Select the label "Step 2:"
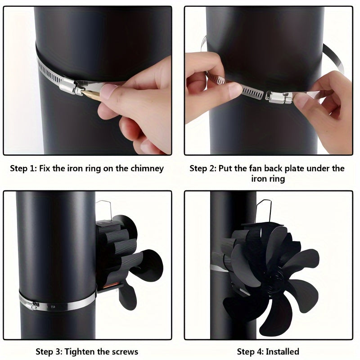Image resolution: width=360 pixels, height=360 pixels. tap(202, 169)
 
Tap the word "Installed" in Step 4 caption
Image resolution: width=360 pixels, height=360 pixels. tap(282, 351)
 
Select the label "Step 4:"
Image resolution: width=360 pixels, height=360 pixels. tap(250, 351)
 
